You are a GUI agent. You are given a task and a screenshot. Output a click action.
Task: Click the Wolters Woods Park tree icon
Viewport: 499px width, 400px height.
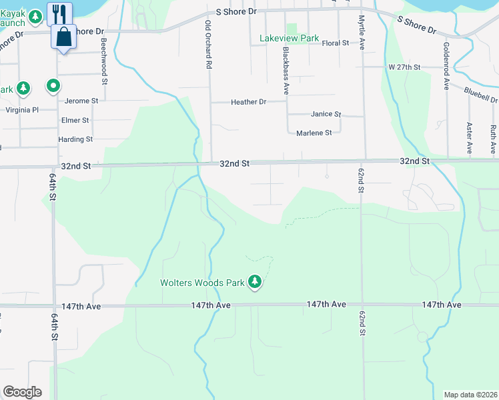click(254, 283)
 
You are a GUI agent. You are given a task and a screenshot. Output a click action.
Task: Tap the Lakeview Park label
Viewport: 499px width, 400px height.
click(289, 39)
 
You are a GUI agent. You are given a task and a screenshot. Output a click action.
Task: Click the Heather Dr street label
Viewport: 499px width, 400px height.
click(248, 102)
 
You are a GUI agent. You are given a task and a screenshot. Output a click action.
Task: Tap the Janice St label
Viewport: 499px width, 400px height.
click(326, 115)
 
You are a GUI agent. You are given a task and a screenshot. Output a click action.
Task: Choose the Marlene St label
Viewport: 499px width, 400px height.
click(314, 133)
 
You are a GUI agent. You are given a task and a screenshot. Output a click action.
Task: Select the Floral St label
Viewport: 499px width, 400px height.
click(335, 43)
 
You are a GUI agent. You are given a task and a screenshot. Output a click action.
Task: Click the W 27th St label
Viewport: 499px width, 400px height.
click(404, 67)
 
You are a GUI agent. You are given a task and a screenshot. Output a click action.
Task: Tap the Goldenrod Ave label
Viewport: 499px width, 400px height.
click(445, 65)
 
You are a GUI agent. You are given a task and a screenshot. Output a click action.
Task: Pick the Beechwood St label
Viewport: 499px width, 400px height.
click(104, 61)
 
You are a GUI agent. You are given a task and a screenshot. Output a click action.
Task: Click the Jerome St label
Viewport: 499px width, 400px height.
click(81, 101)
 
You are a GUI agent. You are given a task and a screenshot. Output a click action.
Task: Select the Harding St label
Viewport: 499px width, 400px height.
click(75, 139)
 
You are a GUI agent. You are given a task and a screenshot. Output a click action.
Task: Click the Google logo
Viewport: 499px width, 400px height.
click(22, 392)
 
